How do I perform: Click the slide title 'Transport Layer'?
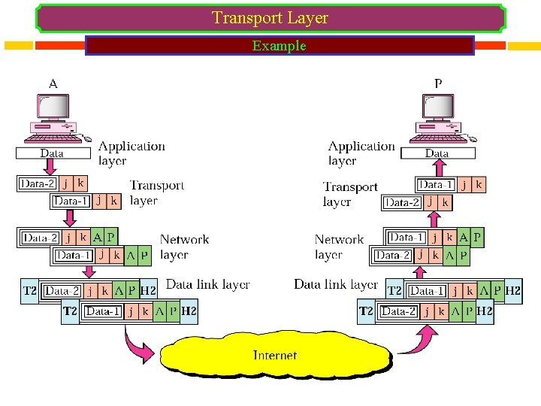pyautogui.click(x=270, y=17)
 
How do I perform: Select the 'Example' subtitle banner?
pyautogui.click(x=280, y=46)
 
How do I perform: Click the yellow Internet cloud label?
pyautogui.click(x=274, y=355)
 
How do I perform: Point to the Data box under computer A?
pyautogui.click(x=52, y=153)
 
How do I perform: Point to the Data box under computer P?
pyautogui.click(x=437, y=153)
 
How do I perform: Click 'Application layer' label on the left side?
pyautogui.click(x=131, y=153)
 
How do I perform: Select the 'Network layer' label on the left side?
pyautogui.click(x=184, y=247)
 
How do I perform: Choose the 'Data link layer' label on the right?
pyautogui.click(x=335, y=284)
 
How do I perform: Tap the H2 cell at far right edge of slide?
pyautogui.click(x=514, y=290)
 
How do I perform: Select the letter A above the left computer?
pyautogui.click(x=53, y=83)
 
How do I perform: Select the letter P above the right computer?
pyautogui.click(x=438, y=83)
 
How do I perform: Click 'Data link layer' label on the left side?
pyautogui.click(x=207, y=284)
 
